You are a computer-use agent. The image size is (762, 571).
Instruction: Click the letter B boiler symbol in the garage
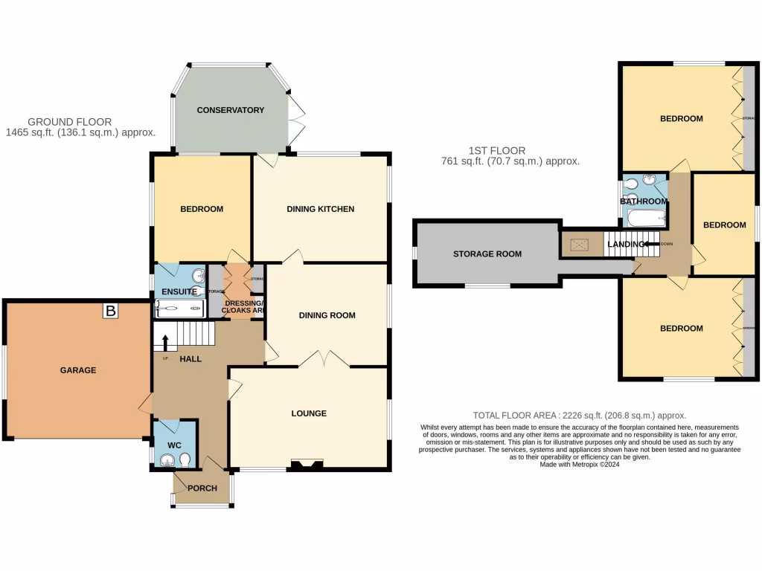coord(110,312)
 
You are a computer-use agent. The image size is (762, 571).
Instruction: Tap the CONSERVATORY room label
coord(230,110)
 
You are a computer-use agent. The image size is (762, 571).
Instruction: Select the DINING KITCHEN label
coord(320,209)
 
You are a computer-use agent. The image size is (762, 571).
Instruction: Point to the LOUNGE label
coord(309,413)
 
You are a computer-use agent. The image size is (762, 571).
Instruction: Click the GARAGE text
coord(78,370)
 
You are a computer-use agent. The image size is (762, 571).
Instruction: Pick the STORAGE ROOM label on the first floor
coord(487,254)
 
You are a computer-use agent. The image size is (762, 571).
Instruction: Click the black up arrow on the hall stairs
coord(165,342)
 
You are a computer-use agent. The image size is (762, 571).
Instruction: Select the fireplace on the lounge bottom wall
coord(307,465)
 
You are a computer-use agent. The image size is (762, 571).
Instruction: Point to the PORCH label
coord(202,488)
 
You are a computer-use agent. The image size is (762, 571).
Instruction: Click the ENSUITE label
coord(179,291)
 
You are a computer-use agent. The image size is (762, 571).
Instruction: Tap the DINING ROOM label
coord(327,315)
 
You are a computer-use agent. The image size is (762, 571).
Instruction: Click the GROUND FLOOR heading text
coord(69,122)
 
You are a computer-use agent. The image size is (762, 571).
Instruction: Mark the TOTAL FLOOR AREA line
coord(579,416)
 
